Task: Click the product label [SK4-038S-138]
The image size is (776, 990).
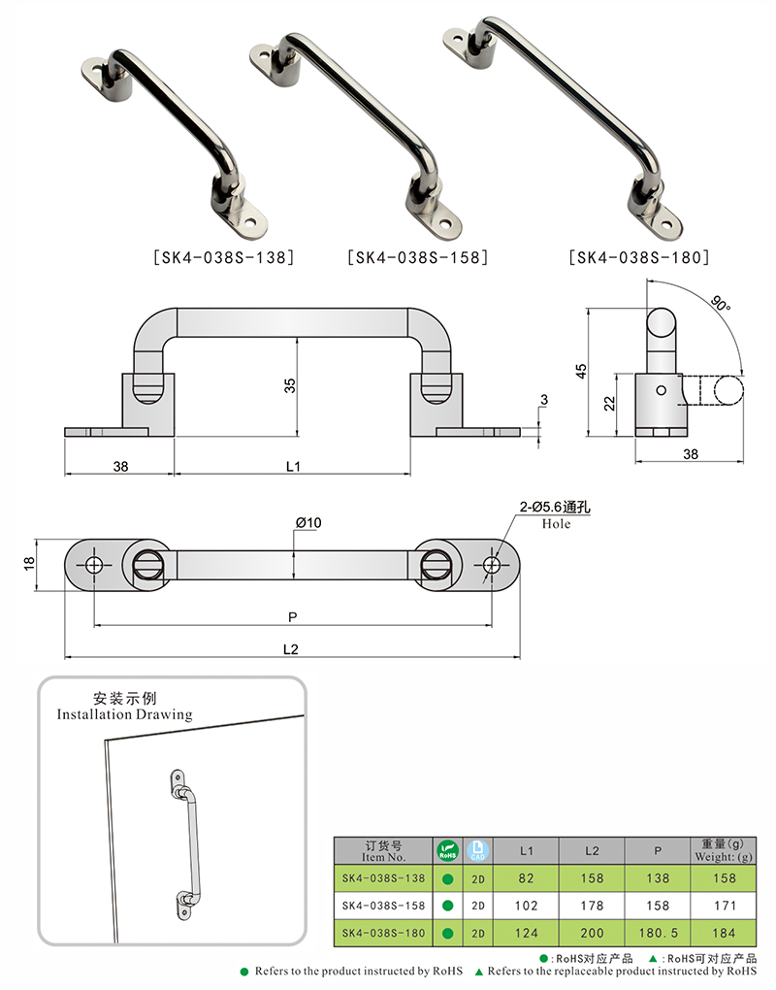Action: tap(223, 258)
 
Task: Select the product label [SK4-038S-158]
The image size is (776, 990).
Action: tap(416, 258)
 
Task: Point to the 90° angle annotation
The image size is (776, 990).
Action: tap(718, 303)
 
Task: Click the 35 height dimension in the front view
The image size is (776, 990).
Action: tap(289, 385)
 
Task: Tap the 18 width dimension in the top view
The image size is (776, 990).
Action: tap(29, 564)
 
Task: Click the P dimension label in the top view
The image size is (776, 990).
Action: tap(293, 615)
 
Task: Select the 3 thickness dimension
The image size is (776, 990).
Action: tap(545, 400)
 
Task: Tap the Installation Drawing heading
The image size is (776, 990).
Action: tap(124, 714)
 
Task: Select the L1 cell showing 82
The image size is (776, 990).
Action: tap(527, 878)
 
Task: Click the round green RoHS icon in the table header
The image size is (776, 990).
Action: tap(447, 850)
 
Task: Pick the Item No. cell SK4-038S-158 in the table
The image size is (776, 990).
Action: tap(382, 906)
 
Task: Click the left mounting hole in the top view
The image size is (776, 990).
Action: tap(94, 565)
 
